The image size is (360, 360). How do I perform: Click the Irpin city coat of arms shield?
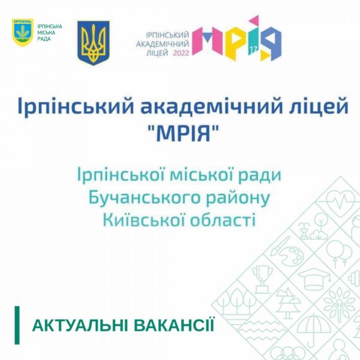tap(23, 32)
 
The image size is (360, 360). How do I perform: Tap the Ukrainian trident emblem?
tap(93, 43)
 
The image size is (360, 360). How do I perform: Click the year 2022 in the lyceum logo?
tap(181, 53)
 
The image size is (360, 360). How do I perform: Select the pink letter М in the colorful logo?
tap(208, 41)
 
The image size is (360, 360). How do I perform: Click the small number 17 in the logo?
tap(253, 49)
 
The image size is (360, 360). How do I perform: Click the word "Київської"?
tap(141, 219)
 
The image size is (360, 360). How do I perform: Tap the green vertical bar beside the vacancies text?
tap(17, 325)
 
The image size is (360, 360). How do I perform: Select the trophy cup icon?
tap(262, 279)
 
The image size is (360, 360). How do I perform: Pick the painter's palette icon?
tap(287, 251)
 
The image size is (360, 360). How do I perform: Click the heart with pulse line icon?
tap(341, 200)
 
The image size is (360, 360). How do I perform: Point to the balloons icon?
tap(340, 254)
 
